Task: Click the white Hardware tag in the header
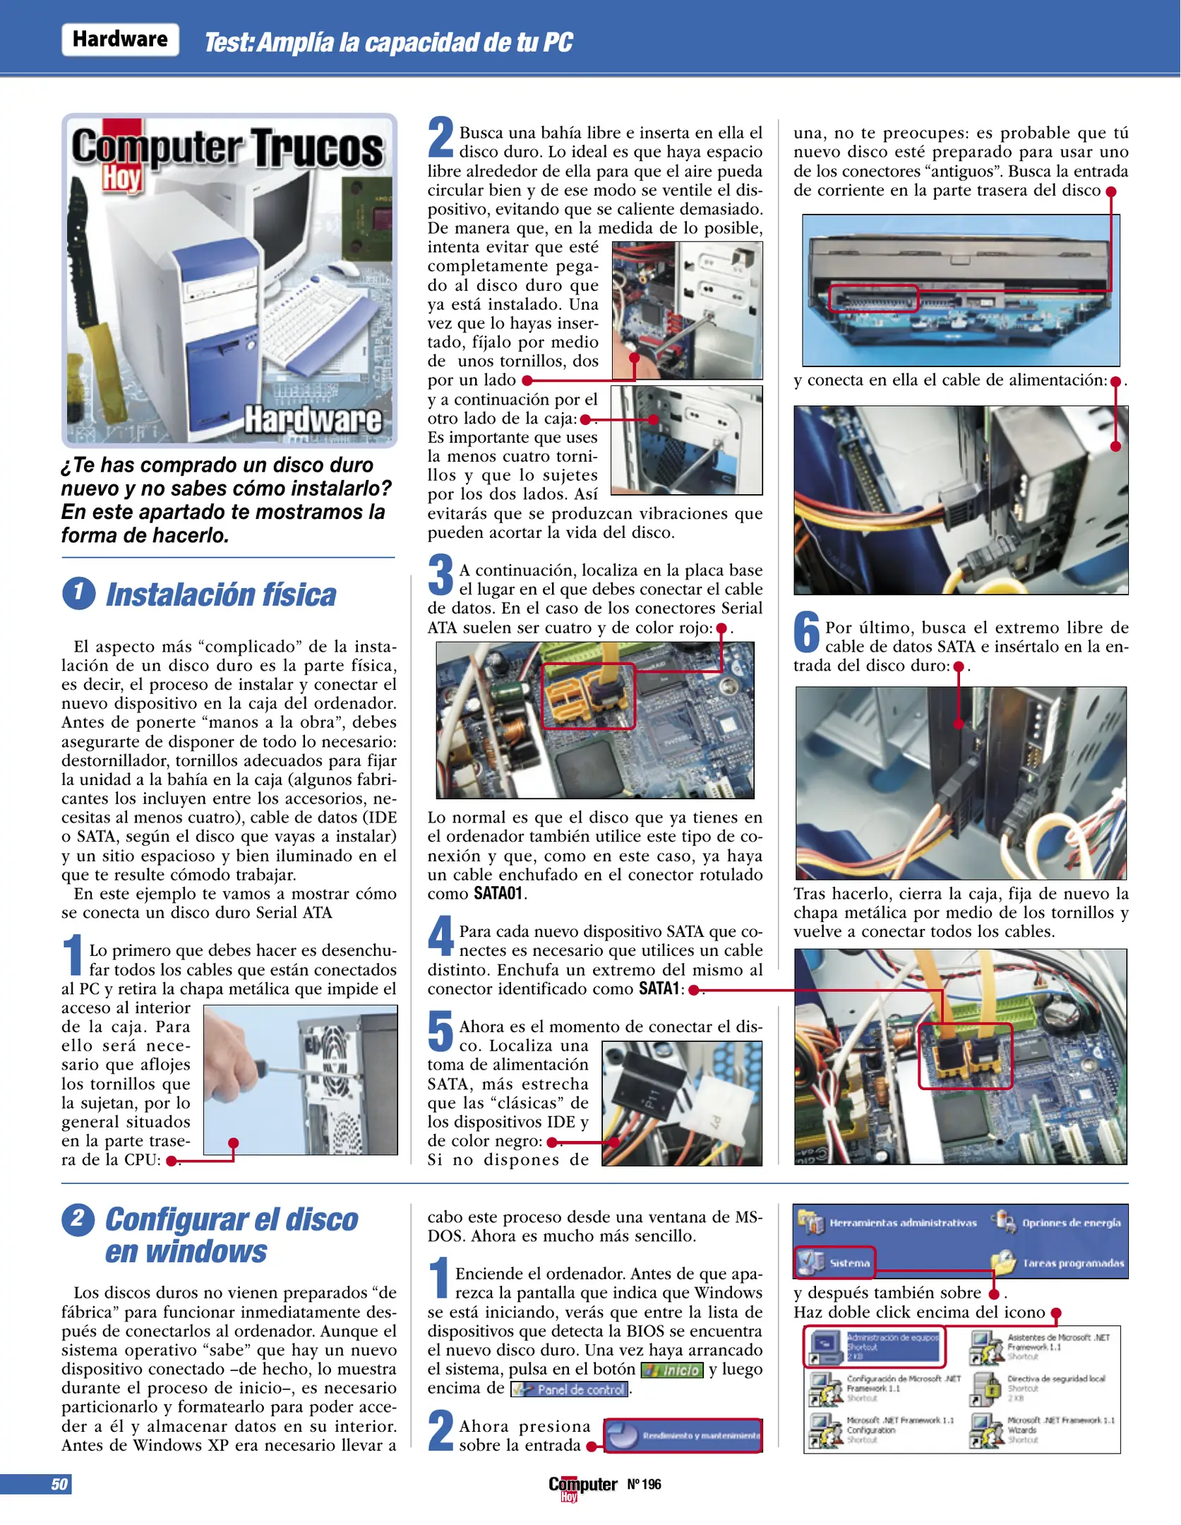[x=120, y=40]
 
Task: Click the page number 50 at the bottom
[x=59, y=1484]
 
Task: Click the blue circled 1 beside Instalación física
[x=78, y=593]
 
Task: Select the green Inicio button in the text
[x=672, y=1370]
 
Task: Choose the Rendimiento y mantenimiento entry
[x=683, y=1435]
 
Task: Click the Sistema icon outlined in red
[x=834, y=1262]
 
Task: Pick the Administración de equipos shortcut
[x=875, y=1346]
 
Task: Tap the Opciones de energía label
[x=1070, y=1223]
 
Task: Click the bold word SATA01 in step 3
[x=498, y=894]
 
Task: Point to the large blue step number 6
[x=806, y=633]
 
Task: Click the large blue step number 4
[x=440, y=936]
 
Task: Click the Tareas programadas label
[x=1073, y=1263]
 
